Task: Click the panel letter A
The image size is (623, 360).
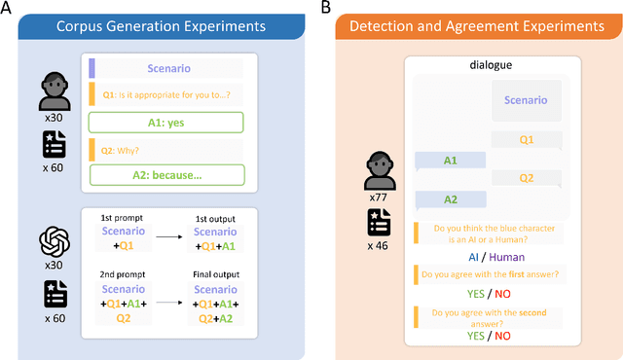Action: point(7,8)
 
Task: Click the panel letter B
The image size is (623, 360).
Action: point(326,8)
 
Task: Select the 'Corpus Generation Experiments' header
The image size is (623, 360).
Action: point(155,26)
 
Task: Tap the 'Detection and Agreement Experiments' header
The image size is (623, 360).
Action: point(476,26)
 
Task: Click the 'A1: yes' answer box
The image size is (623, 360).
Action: point(168,123)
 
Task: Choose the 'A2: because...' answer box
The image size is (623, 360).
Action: point(168,176)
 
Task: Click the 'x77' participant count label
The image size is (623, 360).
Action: point(379,198)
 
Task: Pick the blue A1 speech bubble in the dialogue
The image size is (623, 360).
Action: point(449,161)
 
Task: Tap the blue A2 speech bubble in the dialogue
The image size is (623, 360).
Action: point(449,199)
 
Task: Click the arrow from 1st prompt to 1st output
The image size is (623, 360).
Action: point(173,234)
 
